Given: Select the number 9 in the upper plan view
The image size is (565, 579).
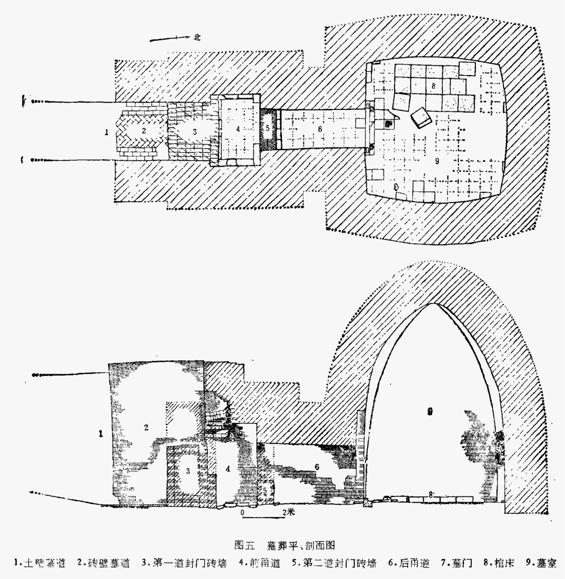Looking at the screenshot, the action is tap(438, 162).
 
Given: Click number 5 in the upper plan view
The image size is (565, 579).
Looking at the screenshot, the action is tap(267, 128).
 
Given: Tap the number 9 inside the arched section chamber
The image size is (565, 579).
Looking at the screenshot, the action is tap(429, 411).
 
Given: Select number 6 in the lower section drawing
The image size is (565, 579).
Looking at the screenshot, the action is tap(317, 466).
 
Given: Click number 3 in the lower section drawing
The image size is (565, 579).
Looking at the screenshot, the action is tap(188, 471).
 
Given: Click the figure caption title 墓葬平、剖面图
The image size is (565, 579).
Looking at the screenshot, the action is tap(301, 545).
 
